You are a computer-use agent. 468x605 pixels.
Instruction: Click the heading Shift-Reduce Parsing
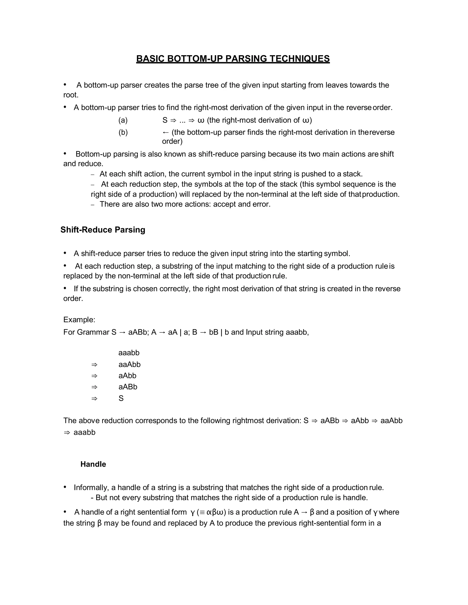click(103, 230)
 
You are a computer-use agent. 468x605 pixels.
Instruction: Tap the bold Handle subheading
click(93, 464)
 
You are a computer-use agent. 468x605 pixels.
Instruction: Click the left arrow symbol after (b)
click(165, 132)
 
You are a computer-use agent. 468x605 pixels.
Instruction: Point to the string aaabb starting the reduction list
click(129, 353)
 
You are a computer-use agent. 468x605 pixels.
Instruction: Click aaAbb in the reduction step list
click(130, 364)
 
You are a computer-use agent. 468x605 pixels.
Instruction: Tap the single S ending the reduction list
click(121, 398)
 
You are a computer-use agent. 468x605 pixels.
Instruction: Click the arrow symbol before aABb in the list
click(94, 387)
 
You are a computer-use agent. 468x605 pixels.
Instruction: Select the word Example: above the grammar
click(79, 320)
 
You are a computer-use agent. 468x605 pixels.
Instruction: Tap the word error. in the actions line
click(261, 204)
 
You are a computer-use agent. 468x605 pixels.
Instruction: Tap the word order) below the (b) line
click(172, 142)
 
